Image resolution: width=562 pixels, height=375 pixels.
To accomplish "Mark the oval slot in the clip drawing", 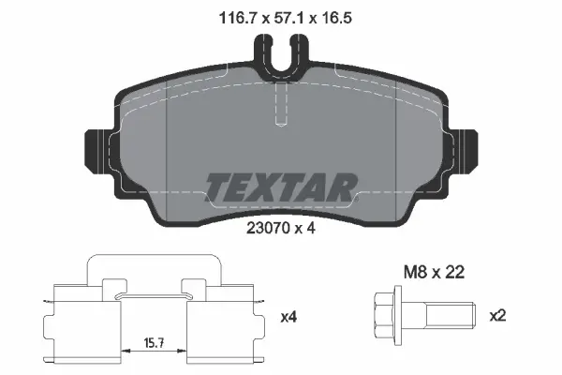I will (155, 297).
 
